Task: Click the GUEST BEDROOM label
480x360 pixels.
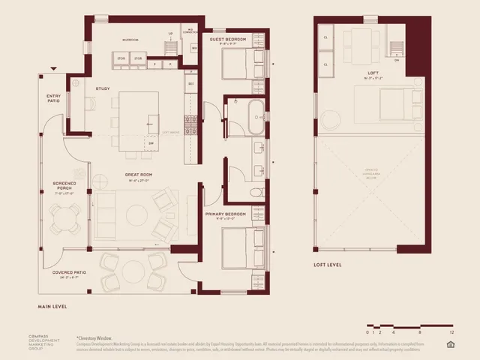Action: click(229, 39)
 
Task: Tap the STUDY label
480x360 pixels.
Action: click(103, 88)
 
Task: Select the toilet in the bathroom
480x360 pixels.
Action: click(256, 193)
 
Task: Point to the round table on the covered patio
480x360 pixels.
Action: click(134, 271)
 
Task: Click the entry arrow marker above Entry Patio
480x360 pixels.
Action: click(53, 69)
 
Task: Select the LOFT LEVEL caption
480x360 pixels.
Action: click(328, 265)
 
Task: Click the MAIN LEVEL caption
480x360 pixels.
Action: click(55, 307)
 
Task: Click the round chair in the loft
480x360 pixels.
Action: click(331, 120)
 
